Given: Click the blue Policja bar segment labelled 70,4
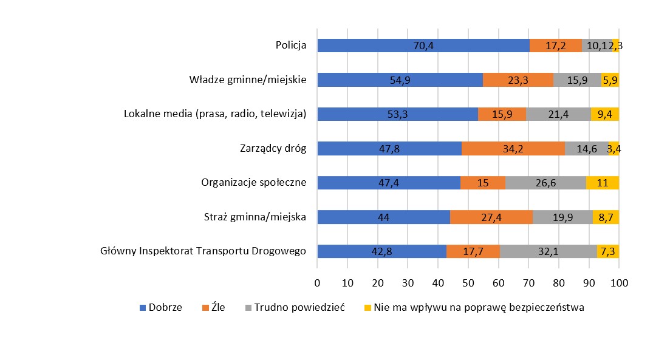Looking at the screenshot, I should pyautogui.click(x=423, y=45).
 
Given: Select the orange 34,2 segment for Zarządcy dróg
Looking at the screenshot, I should pyautogui.click(x=513, y=148).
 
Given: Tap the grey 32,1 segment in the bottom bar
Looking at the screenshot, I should pyautogui.click(x=548, y=251).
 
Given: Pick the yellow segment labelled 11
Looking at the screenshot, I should pyautogui.click(x=602, y=183).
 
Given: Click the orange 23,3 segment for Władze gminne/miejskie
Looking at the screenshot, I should pyautogui.click(x=518, y=80).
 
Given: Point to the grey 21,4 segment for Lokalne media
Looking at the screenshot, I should pyautogui.click(x=558, y=114).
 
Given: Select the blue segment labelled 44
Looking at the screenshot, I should pyautogui.click(x=383, y=217).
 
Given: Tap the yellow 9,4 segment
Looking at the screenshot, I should pyautogui.click(x=604, y=114).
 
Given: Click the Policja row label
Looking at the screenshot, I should pyautogui.click(x=290, y=45).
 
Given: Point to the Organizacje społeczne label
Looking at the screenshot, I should pyautogui.click(x=253, y=183).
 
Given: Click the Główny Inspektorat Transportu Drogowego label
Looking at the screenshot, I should pyautogui.click(x=203, y=251).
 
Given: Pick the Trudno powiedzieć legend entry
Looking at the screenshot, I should pyautogui.click(x=299, y=307).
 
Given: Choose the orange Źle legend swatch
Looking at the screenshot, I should pyautogui.click(x=205, y=308).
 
